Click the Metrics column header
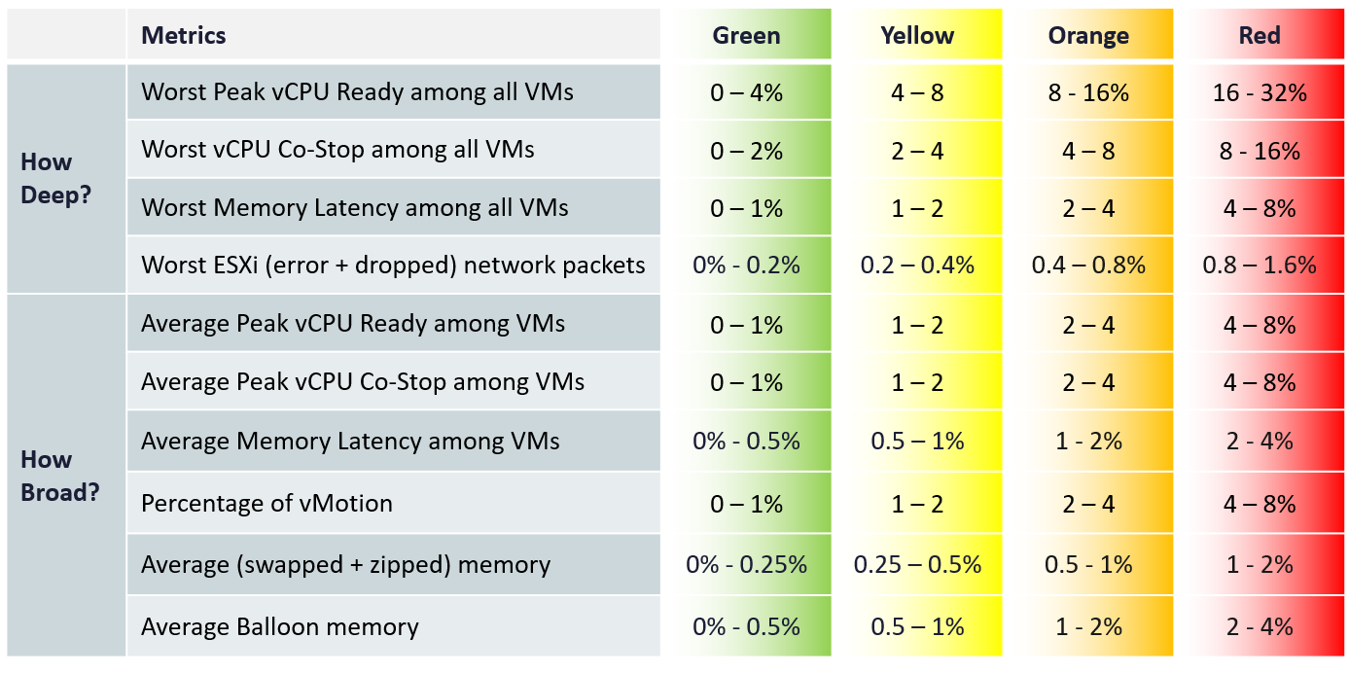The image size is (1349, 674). pos(183,36)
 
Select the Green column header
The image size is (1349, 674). pos(746,36)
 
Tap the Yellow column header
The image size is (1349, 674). pos(917,36)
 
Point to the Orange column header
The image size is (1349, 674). pos(1088,36)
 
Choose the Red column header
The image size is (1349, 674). pos(1260,36)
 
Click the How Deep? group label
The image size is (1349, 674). pos(55,178)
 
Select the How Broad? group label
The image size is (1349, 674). pos(59,476)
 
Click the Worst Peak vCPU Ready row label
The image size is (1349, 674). pos(357,91)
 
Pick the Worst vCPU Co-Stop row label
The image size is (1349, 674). pos(337,149)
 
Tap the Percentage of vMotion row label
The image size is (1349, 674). pos(266,503)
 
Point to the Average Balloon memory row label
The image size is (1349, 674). pos(279,626)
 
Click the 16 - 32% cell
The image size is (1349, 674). pos(1260,92)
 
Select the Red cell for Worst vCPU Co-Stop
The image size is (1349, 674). pos(1260,150)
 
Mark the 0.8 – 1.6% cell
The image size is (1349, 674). pos(1260,265)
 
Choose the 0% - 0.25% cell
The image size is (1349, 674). pos(746,564)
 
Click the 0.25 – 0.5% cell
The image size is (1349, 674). pos(917,564)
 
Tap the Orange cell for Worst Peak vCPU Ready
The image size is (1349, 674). pos(1088,92)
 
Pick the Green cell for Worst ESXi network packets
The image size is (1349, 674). pos(746,265)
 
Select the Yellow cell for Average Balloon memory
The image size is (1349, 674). pos(917,626)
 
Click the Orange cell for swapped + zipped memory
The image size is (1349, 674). pos(1088,564)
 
